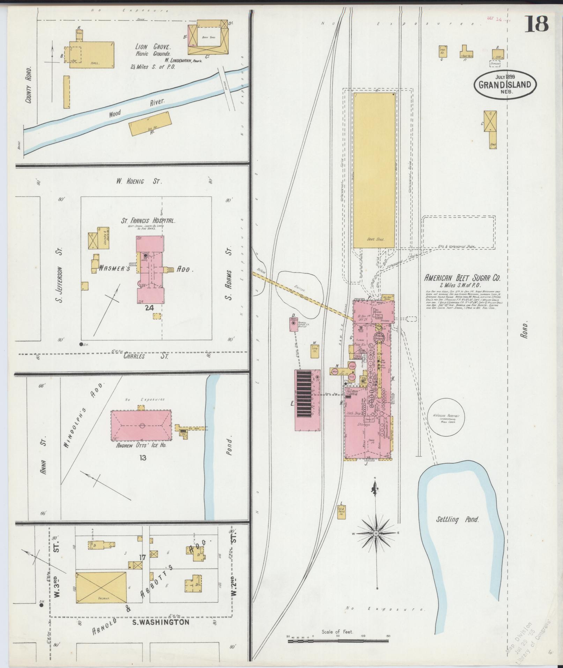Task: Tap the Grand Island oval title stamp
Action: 505,84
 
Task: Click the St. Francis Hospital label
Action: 148,221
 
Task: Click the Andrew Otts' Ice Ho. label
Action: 141,445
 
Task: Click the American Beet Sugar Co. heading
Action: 462,278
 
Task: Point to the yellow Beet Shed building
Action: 374,170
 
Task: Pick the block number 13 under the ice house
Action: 142,458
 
